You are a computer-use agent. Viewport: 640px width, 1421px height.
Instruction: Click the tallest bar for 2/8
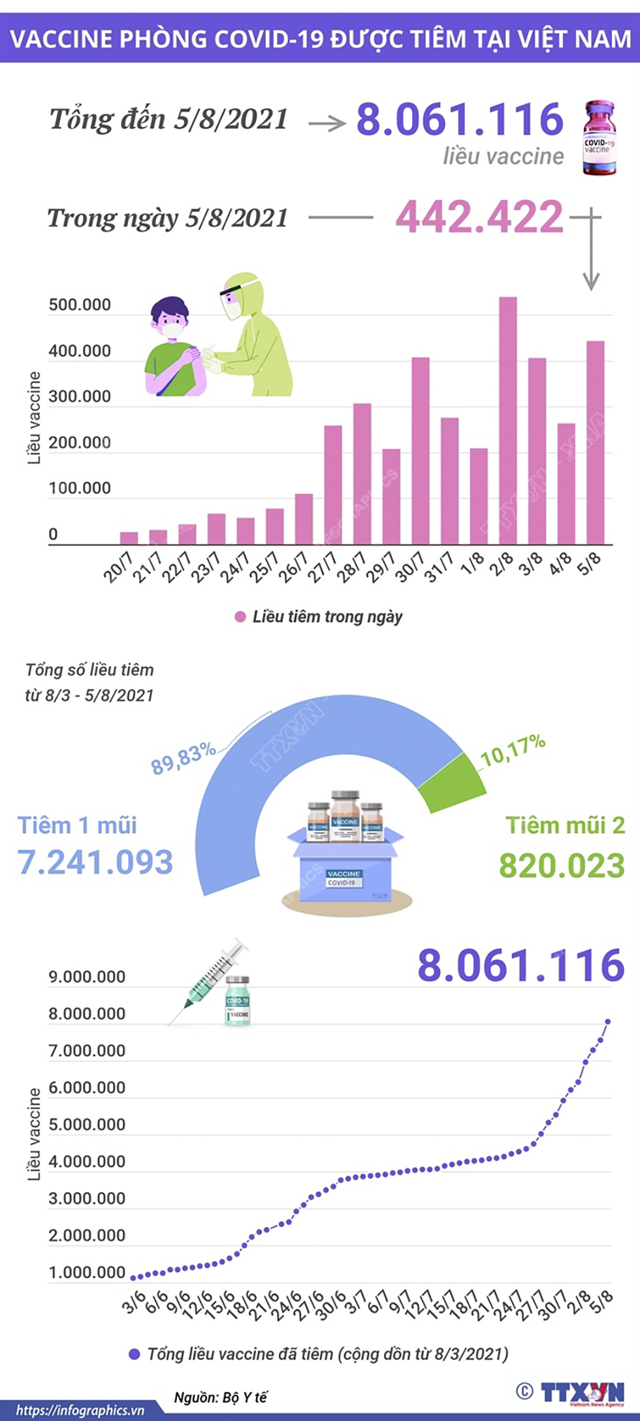[507, 420]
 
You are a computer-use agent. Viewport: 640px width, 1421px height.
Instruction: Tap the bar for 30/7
[420, 450]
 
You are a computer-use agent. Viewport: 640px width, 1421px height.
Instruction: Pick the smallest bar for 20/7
[129, 538]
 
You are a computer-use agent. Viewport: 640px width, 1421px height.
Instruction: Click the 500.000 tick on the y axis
[80, 305]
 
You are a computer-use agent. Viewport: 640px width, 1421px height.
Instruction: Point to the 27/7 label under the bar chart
[323, 567]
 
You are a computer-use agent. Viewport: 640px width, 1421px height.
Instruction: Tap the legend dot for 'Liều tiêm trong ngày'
[240, 617]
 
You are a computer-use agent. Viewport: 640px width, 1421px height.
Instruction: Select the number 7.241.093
[95, 862]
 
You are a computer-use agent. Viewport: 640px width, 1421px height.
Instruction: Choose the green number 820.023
[562, 866]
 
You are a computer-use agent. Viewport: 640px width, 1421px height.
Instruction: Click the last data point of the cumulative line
[607, 1022]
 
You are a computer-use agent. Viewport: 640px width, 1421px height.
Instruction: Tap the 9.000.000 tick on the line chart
[87, 977]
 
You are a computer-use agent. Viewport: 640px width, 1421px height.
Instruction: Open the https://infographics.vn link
[80, 1410]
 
